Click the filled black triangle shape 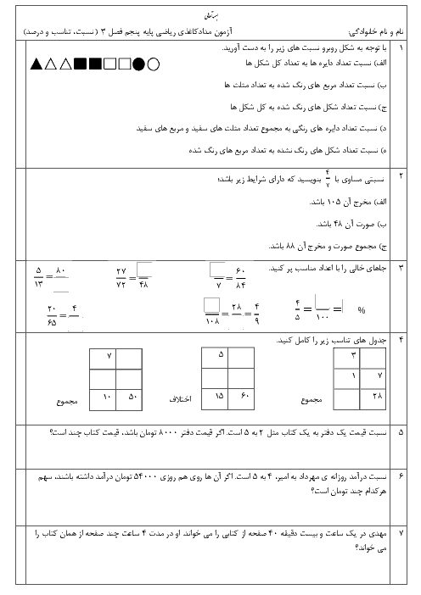(36, 64)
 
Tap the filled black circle (139, 64)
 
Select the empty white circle (153, 64)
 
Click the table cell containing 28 (373, 399)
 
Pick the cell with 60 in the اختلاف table (241, 399)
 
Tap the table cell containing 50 (129, 400)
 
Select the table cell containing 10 (103, 400)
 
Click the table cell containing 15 (215, 399)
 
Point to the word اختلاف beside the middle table (181, 399)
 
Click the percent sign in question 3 (362, 310)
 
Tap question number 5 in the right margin (401, 432)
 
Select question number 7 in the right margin (401, 533)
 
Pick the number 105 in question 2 (334, 202)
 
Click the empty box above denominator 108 (211, 305)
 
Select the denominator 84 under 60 (241, 285)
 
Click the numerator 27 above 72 (121, 271)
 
